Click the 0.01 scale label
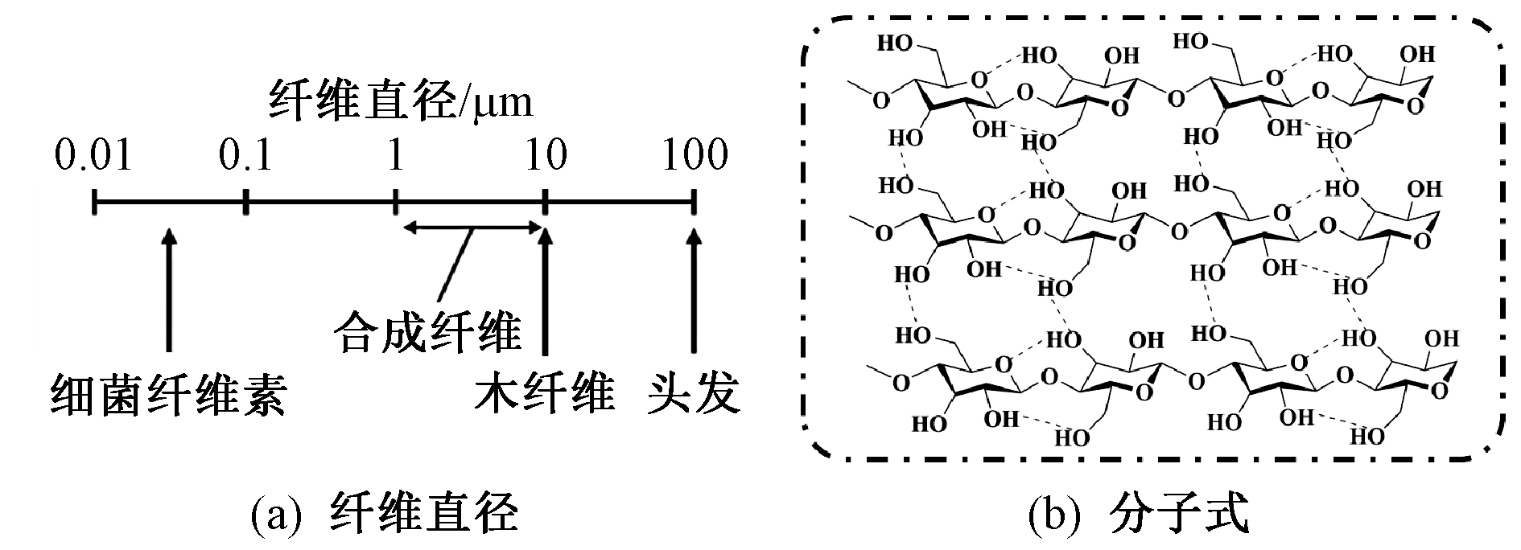click(x=93, y=154)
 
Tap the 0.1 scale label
click(x=246, y=154)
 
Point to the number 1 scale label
click(x=395, y=154)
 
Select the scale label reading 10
click(x=546, y=154)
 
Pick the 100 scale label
click(x=695, y=154)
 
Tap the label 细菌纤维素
click(x=168, y=395)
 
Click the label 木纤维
click(x=544, y=395)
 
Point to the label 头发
click(x=694, y=395)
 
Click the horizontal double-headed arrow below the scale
click(x=474, y=228)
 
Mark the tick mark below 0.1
click(x=246, y=203)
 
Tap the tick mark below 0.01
click(x=95, y=203)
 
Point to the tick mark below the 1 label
click(x=395, y=203)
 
